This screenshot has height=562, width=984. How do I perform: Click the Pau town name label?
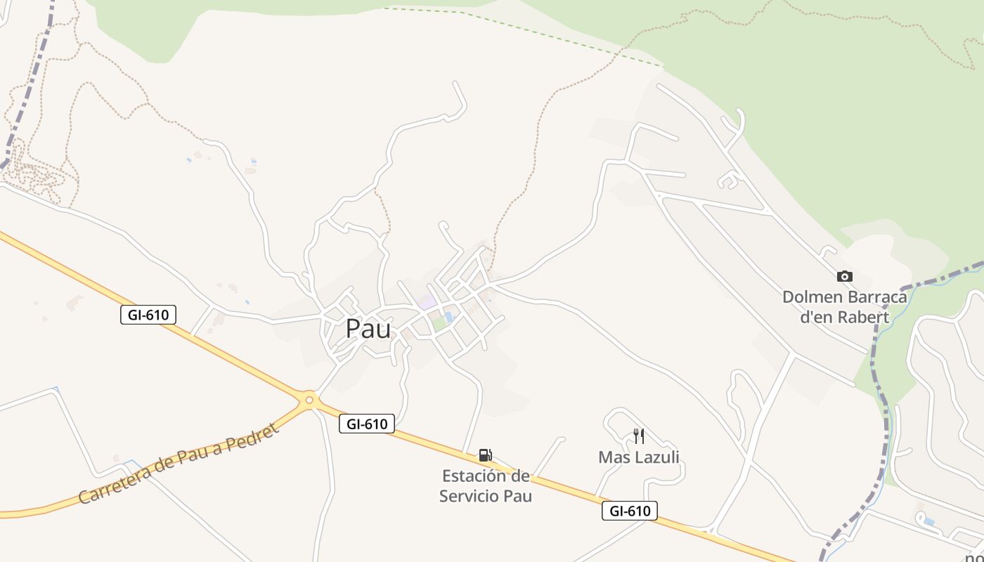[x=368, y=329]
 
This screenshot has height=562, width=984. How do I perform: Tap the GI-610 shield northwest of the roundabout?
[x=148, y=315]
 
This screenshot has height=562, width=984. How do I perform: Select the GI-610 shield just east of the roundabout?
[x=367, y=424]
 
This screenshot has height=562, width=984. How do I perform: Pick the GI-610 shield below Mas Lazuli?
[x=630, y=511]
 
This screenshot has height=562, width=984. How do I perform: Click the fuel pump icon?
[x=485, y=455]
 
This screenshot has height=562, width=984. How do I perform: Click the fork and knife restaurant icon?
[x=639, y=436]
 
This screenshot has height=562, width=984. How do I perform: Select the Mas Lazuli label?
[x=639, y=458]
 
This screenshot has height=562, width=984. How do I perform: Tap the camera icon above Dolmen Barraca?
[x=845, y=277]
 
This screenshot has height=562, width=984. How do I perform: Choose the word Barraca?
[x=877, y=297]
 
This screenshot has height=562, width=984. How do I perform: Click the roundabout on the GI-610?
[x=309, y=400]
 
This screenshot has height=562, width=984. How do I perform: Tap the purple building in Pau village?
[x=426, y=303]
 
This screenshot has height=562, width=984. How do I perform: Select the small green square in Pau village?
[x=439, y=324]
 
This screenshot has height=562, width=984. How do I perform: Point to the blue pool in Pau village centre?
[x=449, y=318]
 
